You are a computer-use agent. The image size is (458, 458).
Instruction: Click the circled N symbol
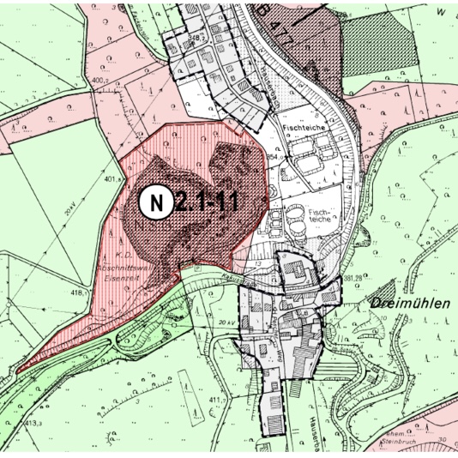(155, 203)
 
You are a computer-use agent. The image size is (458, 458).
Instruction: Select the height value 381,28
(354, 278)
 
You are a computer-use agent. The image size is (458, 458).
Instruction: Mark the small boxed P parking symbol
(198, 268)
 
